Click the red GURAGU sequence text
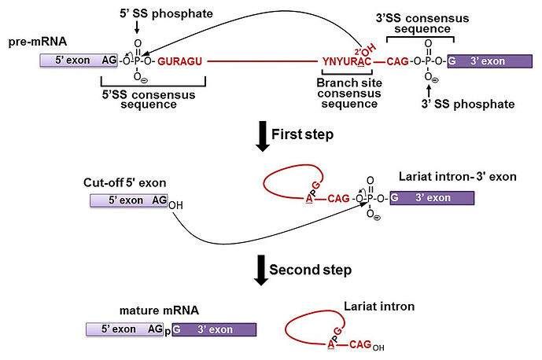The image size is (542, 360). coord(180,61)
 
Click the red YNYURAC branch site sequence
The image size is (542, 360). coord(346,61)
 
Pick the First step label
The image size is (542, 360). coord(302,134)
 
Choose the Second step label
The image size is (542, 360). coord(309,270)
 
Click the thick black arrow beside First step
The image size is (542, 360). coord(257,135)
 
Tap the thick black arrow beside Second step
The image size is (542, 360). coord(257,270)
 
